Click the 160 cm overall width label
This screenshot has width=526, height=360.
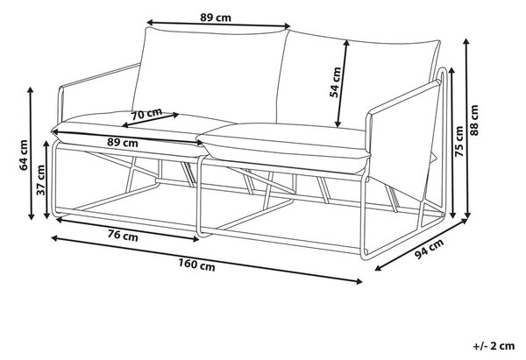click(x=196, y=265)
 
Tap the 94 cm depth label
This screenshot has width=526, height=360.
click(x=429, y=249)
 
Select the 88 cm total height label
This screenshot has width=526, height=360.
click(x=474, y=120)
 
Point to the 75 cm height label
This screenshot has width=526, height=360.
click(x=459, y=141)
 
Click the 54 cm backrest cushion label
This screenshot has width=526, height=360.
click(x=335, y=82)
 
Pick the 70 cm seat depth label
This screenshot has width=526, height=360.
click(x=146, y=114)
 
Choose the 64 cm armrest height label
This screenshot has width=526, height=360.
click(x=24, y=155)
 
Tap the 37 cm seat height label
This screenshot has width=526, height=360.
click(x=40, y=180)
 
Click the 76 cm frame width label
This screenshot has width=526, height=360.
click(x=123, y=236)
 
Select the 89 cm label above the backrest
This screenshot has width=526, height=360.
click(x=216, y=18)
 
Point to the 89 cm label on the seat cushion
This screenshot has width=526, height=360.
click(x=123, y=143)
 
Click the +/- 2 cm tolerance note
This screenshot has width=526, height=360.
click(x=494, y=346)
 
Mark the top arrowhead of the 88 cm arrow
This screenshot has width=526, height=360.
click(x=466, y=41)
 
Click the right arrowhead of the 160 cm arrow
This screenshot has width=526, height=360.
click(x=359, y=281)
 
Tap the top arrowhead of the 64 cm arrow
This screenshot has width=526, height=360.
click(x=31, y=91)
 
